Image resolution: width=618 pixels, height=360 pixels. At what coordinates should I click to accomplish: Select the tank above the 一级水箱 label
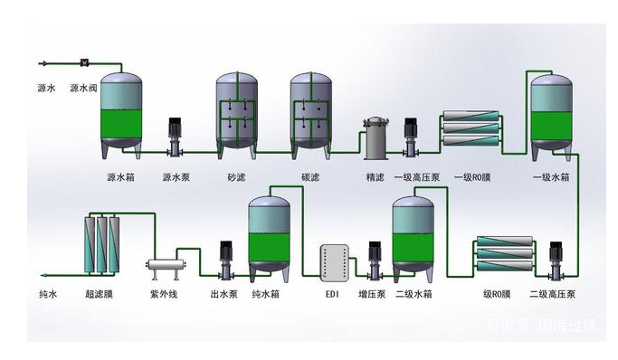551,114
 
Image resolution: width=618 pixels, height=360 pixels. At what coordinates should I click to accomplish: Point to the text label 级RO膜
497,294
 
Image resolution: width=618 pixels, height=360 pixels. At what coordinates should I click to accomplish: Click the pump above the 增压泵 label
372,258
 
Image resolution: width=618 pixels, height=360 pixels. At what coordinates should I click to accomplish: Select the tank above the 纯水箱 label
271,234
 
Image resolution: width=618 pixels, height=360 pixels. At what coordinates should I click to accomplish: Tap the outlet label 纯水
47,294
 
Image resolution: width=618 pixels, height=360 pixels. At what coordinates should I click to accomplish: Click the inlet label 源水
47,89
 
